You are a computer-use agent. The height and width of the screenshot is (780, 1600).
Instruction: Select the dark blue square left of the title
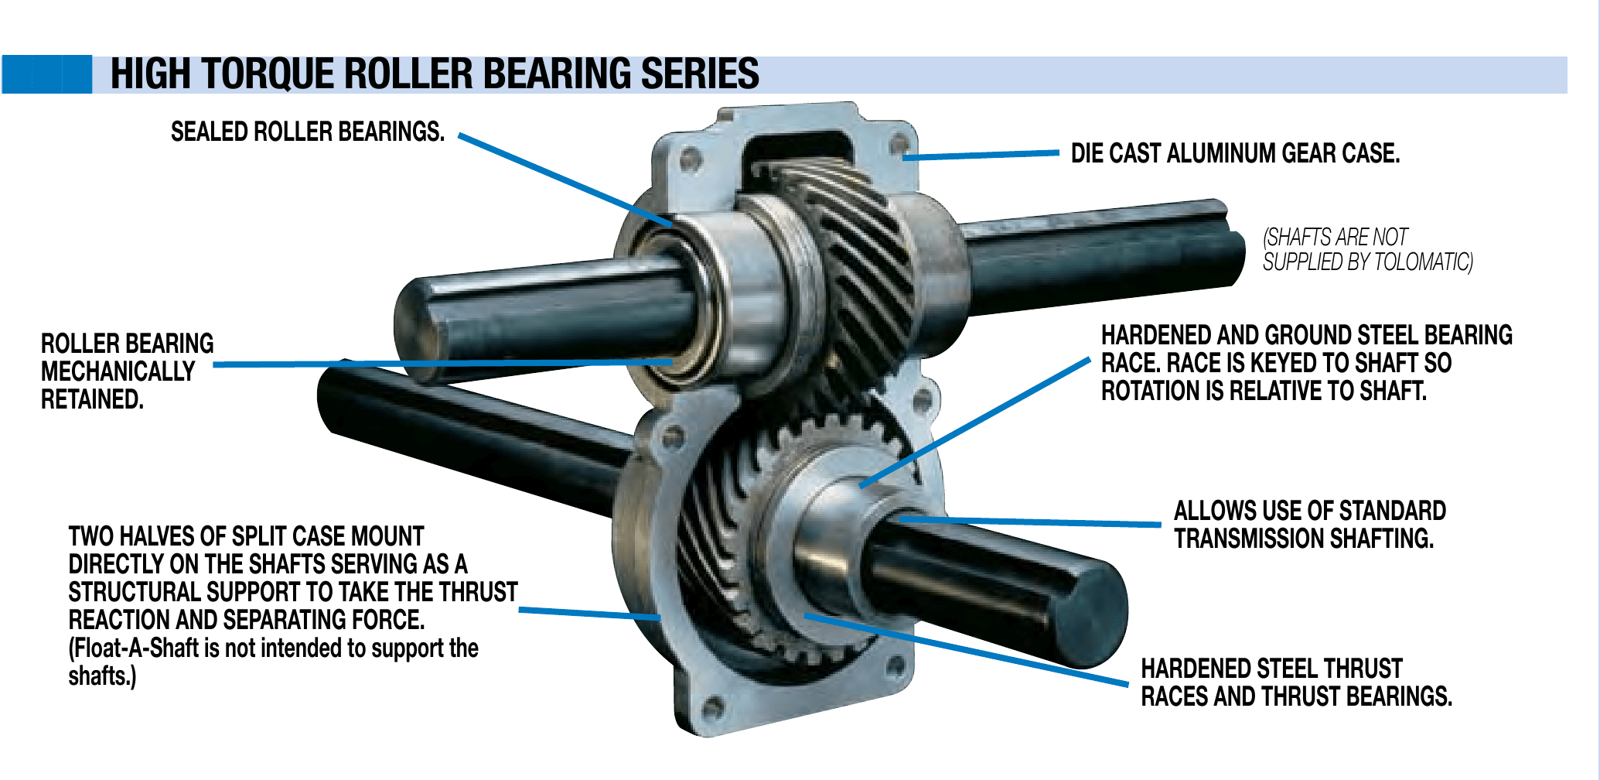[x=46, y=74]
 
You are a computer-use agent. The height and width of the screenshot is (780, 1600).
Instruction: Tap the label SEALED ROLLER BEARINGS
[x=308, y=132]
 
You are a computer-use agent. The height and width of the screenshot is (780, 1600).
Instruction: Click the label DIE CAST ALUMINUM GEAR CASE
[x=1235, y=153]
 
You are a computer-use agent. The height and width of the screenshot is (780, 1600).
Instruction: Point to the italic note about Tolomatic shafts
[x=1367, y=249]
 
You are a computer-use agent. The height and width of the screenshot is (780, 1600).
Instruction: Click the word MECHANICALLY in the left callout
[x=118, y=371]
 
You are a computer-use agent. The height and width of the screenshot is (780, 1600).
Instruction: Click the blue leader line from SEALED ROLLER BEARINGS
[x=565, y=180]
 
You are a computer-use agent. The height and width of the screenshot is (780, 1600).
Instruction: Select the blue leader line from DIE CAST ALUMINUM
[x=981, y=156]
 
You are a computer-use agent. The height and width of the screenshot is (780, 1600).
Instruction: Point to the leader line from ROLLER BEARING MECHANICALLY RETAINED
[x=442, y=363]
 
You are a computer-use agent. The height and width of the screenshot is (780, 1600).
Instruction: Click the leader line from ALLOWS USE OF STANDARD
[x=1029, y=522]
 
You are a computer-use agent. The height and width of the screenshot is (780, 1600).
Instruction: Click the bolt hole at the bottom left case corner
[x=712, y=706]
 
